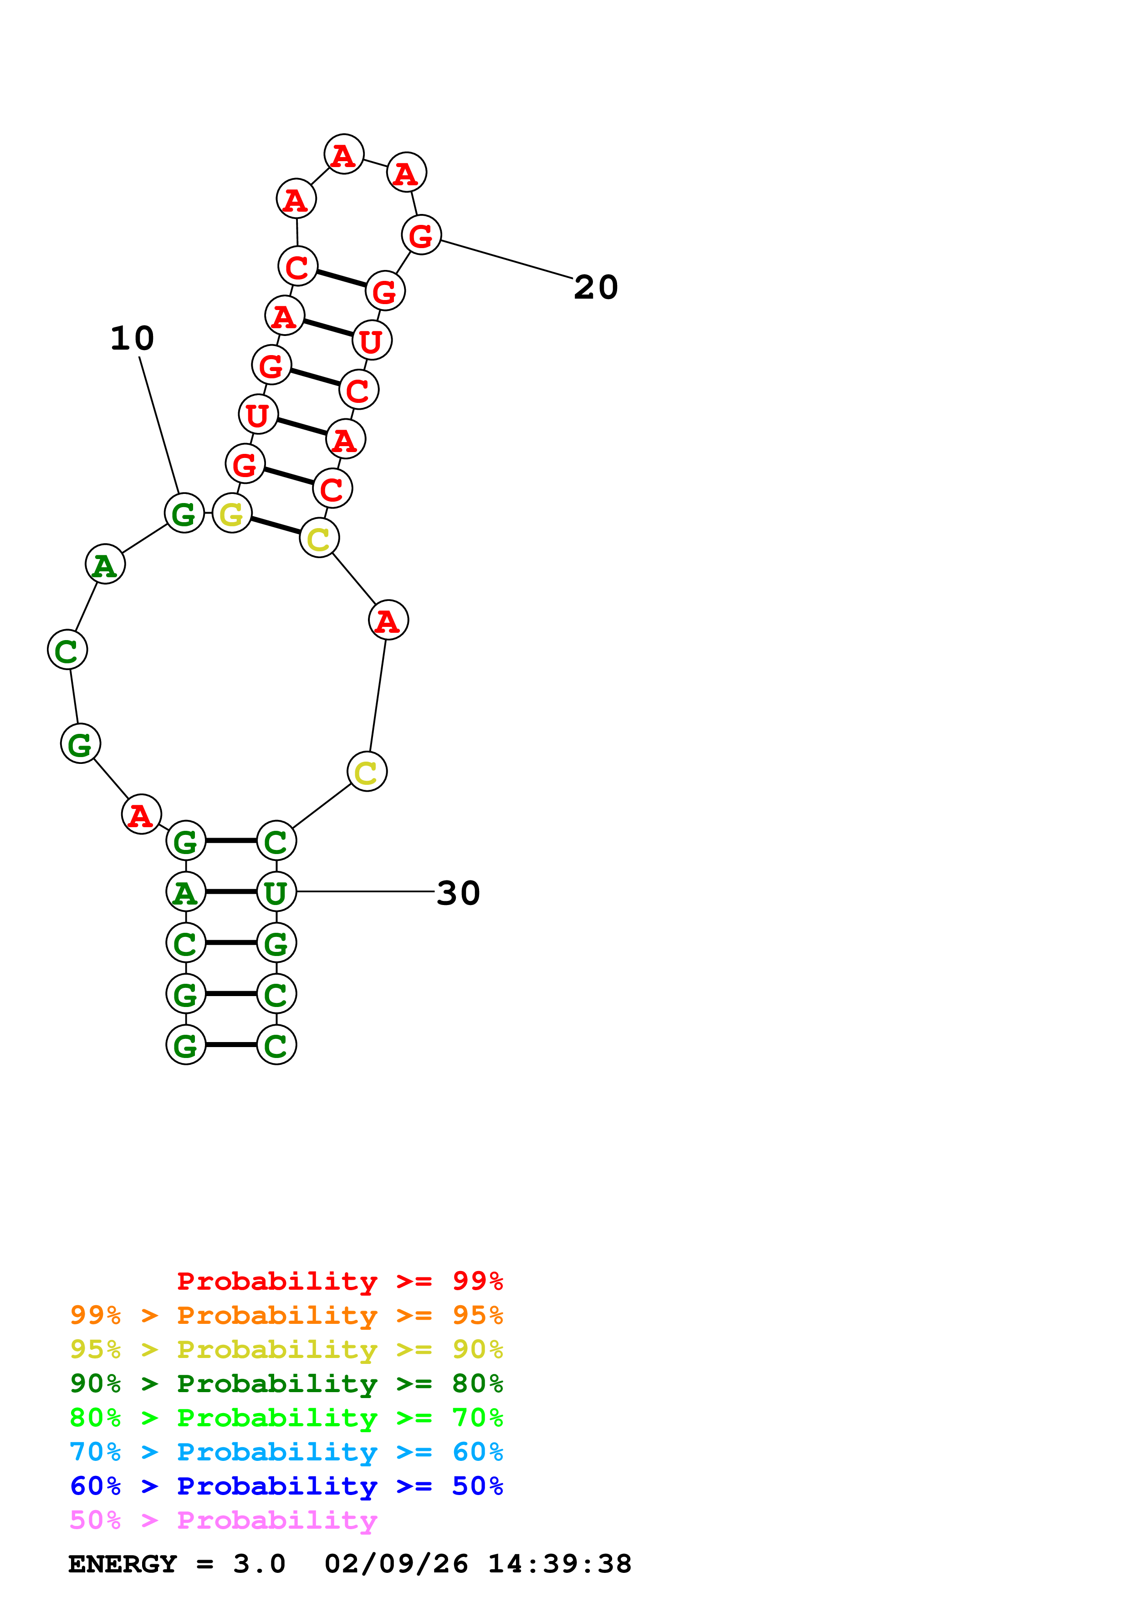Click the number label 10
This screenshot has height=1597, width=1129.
[132, 339]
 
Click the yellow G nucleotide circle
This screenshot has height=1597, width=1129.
[232, 514]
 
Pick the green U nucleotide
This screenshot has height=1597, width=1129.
[276, 892]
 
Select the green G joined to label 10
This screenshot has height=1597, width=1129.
[184, 514]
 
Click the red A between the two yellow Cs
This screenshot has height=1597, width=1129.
[388, 620]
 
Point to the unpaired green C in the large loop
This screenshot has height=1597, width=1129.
[67, 651]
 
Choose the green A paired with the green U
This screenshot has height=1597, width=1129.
[186, 892]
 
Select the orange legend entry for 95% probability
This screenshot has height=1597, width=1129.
[286, 1315]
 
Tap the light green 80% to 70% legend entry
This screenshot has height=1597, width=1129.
[286, 1418]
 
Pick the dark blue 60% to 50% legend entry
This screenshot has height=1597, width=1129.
[286, 1486]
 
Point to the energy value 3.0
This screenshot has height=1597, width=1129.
[259, 1564]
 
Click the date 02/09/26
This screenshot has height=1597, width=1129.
[396, 1564]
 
